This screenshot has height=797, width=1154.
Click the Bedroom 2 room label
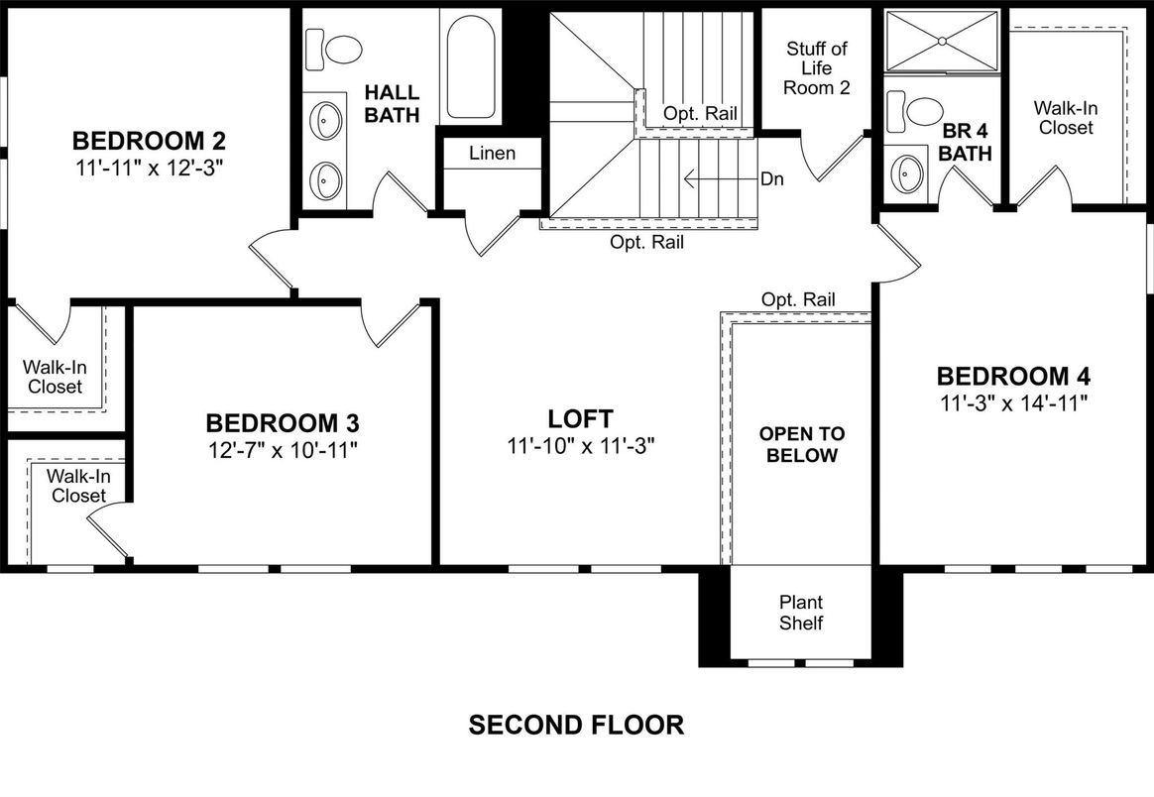(150, 138)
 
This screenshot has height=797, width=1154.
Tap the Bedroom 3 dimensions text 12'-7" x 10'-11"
(282, 449)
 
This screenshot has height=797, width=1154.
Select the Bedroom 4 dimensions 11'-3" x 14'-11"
(1014, 402)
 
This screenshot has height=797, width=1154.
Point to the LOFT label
(580, 418)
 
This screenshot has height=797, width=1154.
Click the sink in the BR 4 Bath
(906, 175)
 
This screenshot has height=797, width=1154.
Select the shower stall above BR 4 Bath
(941, 41)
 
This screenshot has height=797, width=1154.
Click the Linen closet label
(492, 154)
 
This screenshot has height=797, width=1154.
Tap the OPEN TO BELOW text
(802, 445)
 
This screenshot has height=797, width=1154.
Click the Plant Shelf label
(801, 613)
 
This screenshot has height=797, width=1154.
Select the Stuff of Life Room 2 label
(816, 68)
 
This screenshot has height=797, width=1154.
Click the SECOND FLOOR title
(576, 725)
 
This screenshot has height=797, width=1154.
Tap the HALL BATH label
(393, 103)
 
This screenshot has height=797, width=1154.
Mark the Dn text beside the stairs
(772, 180)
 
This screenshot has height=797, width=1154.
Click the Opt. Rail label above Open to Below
(798, 299)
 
